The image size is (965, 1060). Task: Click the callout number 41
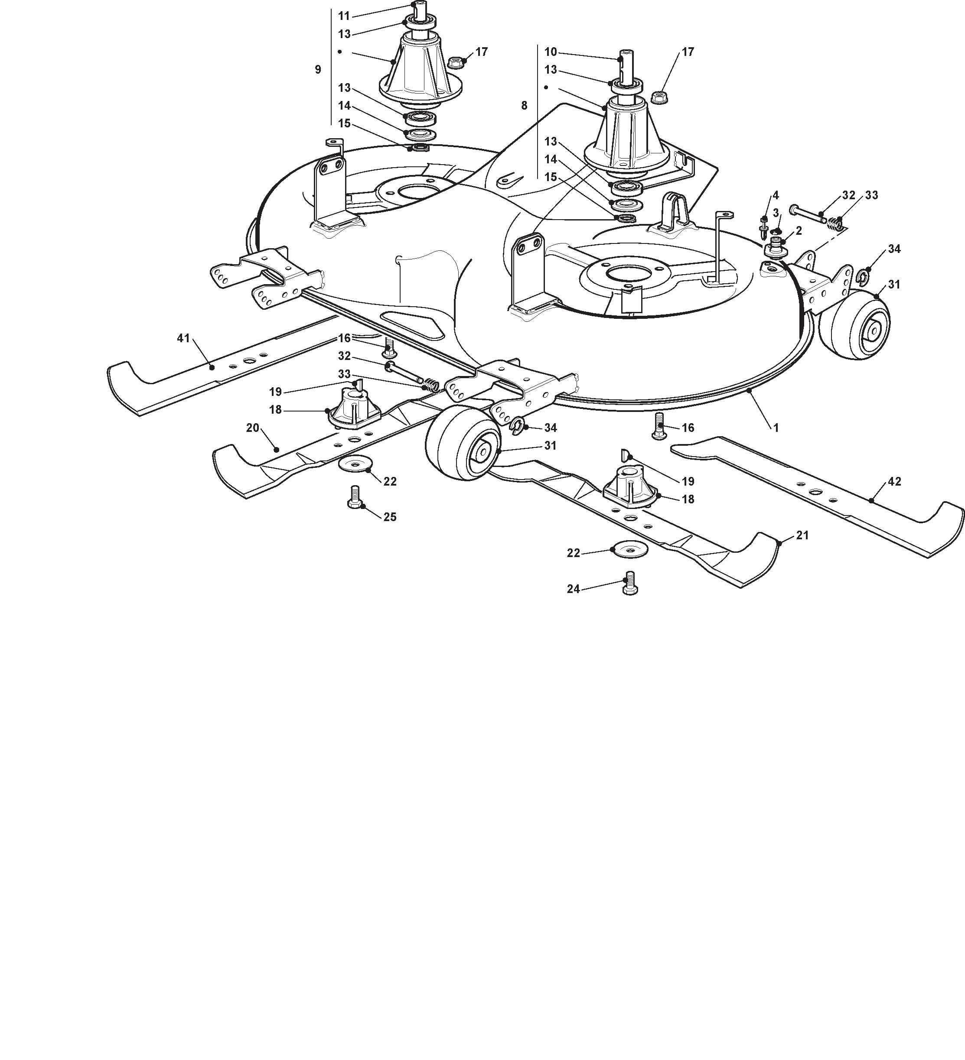pyautogui.click(x=183, y=339)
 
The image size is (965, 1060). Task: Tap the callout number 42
pyautogui.click(x=894, y=481)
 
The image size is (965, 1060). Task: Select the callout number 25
pyautogui.click(x=390, y=517)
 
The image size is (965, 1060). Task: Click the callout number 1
pyautogui.click(x=776, y=428)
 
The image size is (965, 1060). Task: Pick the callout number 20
pyautogui.click(x=253, y=428)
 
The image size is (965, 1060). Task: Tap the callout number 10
pyautogui.click(x=551, y=52)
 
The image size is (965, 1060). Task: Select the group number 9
pyautogui.click(x=318, y=69)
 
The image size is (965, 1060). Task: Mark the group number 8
pyautogui.click(x=524, y=106)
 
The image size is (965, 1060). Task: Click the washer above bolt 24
pyautogui.click(x=630, y=549)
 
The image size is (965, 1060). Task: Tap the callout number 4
pyautogui.click(x=776, y=196)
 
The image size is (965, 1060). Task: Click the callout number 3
pyautogui.click(x=776, y=213)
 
